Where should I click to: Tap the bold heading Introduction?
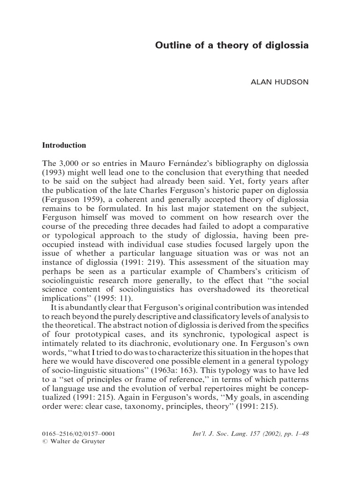click(64, 145)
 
